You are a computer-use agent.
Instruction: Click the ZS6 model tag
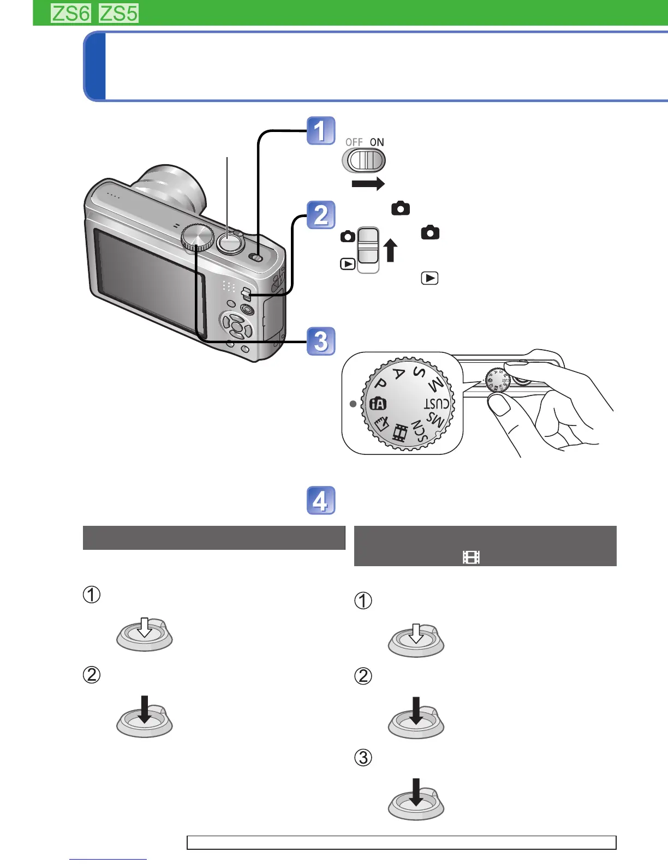click(x=70, y=13)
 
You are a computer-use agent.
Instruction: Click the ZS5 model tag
click(x=118, y=13)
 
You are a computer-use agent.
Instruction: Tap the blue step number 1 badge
click(x=321, y=131)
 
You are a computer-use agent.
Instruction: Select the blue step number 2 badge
click(x=321, y=215)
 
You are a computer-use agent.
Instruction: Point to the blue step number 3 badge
click(x=321, y=341)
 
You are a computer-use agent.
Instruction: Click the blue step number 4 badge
click(x=321, y=501)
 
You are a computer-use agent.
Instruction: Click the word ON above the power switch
click(x=377, y=142)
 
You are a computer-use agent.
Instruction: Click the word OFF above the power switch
click(x=354, y=142)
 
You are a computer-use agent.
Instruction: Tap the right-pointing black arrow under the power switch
click(x=368, y=184)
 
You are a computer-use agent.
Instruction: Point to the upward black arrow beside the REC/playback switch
click(x=390, y=251)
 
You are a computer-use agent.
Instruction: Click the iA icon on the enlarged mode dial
click(x=378, y=404)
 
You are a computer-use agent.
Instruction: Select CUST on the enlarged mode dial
click(x=437, y=404)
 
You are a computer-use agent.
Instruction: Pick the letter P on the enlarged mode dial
click(x=381, y=385)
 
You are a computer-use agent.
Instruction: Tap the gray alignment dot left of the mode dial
click(x=353, y=404)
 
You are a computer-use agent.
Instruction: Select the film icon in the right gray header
click(x=471, y=557)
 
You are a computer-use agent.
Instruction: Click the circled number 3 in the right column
click(x=363, y=758)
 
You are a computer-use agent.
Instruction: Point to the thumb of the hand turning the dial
click(x=499, y=406)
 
